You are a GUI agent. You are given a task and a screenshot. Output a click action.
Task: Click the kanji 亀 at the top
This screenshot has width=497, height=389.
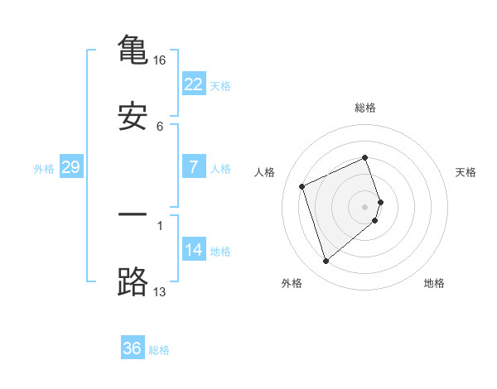(x=133, y=50)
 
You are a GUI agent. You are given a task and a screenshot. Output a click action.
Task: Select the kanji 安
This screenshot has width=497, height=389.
(x=133, y=117)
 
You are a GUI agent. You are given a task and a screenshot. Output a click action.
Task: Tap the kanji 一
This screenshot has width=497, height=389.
(x=133, y=214)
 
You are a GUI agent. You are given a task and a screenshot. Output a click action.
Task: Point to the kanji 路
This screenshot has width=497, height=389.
(x=133, y=281)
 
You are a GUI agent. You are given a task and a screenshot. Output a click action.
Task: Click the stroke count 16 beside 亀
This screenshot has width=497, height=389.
(x=160, y=60)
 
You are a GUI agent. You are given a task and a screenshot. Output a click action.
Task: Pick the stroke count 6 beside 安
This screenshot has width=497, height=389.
(x=160, y=127)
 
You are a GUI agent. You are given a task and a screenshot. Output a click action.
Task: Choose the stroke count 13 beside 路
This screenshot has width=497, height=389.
(x=160, y=291)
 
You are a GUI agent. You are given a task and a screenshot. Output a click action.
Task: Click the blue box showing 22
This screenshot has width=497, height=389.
(x=194, y=84)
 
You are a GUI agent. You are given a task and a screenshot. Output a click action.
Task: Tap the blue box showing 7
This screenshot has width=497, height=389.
(x=194, y=167)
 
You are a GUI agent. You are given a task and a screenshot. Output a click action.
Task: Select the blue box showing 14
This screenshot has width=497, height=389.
(x=194, y=250)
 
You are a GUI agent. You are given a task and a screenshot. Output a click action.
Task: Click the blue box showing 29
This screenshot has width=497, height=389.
(x=71, y=167)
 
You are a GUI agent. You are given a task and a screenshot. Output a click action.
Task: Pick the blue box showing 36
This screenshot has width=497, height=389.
(x=133, y=348)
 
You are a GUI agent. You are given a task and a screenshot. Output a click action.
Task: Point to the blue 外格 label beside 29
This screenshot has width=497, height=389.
(x=44, y=168)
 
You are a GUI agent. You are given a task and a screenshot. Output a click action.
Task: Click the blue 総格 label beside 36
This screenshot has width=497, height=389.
(x=159, y=350)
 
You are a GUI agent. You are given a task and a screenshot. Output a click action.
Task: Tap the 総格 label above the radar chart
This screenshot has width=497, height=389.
(x=365, y=108)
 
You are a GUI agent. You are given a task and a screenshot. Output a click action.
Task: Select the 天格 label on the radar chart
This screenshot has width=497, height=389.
(x=466, y=172)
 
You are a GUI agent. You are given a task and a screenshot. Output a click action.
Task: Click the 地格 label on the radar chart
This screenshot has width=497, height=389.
(x=434, y=283)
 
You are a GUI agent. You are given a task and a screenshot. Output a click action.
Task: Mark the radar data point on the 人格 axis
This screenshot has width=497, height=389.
(x=302, y=185)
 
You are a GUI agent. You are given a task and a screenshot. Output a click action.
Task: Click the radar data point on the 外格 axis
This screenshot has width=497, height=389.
(x=326, y=262)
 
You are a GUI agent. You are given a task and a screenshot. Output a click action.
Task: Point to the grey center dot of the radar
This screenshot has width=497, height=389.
(x=365, y=206)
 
